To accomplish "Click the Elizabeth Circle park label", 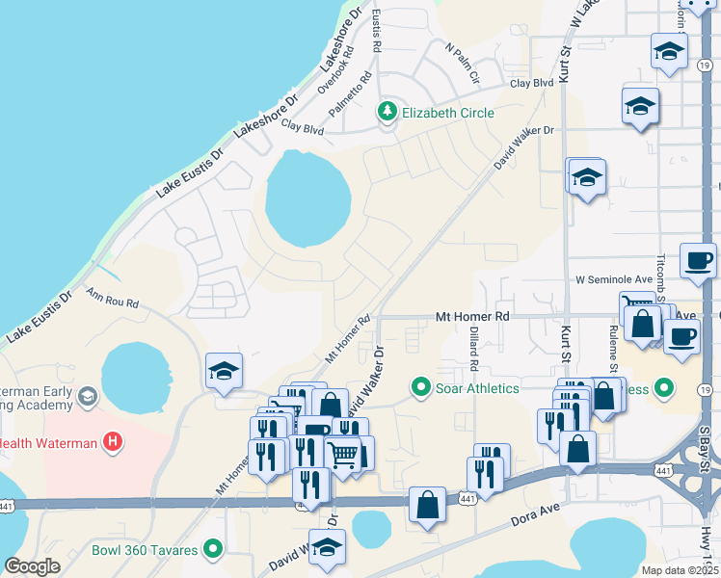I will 448,113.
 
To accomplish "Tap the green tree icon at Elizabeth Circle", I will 387,113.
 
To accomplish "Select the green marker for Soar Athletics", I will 420,388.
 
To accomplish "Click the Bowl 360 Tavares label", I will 145,551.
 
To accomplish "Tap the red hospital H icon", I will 114,442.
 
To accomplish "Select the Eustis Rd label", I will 377,31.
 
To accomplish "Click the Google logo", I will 33,566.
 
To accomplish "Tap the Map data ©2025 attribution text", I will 680,570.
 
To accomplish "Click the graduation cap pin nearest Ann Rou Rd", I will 224,372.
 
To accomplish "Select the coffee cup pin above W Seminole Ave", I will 698,260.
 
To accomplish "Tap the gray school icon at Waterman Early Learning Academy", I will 88,397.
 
